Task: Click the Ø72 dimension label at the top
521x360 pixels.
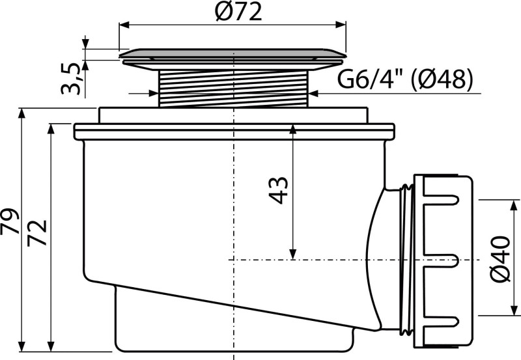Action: point(238,12)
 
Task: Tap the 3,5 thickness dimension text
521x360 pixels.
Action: point(70,78)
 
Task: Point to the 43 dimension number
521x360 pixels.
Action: point(278,190)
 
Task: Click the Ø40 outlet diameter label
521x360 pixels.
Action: point(500,258)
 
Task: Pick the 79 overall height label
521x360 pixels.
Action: point(10,221)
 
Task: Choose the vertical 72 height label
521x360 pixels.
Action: point(36,232)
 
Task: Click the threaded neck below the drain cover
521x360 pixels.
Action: point(234,89)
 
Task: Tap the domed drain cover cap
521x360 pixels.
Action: point(232,55)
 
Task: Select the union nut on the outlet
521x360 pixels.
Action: point(443,261)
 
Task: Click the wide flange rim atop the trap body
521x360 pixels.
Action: point(234,132)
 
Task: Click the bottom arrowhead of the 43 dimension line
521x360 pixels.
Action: point(292,255)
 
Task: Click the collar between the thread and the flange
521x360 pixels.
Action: point(233,116)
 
